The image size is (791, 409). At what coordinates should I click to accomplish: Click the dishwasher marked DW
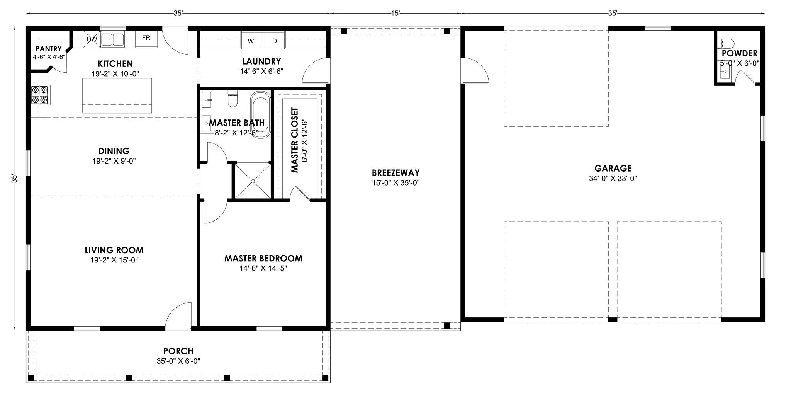[92, 39]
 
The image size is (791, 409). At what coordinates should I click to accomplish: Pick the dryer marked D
[275, 41]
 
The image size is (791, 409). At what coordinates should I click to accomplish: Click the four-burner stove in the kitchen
[40, 95]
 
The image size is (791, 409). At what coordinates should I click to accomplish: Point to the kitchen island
[117, 95]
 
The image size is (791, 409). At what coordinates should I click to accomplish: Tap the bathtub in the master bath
[261, 115]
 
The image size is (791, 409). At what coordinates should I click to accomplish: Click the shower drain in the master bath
[253, 181]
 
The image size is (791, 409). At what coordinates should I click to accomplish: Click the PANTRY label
[49, 49]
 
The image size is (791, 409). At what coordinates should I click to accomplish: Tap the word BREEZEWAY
[395, 173]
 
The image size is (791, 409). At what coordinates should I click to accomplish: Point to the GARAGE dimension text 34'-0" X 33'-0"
[613, 178]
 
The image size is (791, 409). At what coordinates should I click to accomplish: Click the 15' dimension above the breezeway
[395, 13]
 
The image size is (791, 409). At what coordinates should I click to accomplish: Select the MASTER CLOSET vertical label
[295, 140]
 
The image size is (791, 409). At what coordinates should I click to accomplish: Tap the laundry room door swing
[316, 71]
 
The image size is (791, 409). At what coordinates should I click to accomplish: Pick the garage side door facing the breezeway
[475, 70]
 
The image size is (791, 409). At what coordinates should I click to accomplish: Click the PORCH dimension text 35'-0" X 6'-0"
[178, 361]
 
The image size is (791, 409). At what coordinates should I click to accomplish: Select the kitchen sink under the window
[112, 39]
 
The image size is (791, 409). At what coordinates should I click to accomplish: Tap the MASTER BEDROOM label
[263, 258]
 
